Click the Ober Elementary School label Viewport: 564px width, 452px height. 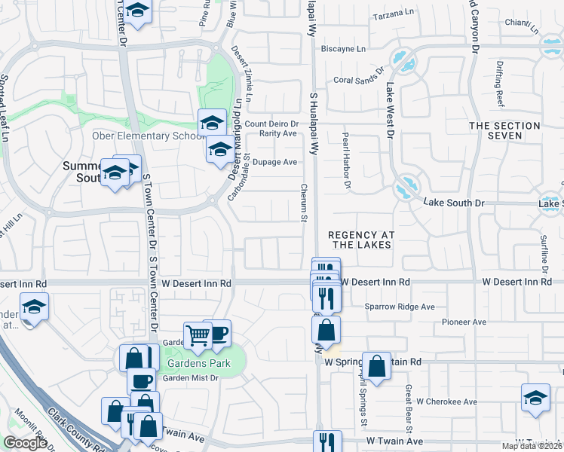click(143, 136)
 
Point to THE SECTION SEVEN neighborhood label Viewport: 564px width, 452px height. click(505, 130)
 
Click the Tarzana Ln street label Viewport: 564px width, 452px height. click(394, 13)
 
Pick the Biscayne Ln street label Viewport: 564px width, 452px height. click(343, 49)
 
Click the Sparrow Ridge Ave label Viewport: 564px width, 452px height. click(400, 307)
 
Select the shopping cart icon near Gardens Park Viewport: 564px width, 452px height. click(198, 335)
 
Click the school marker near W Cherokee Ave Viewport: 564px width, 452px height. click(535, 397)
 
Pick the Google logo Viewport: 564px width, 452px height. click(25, 443)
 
